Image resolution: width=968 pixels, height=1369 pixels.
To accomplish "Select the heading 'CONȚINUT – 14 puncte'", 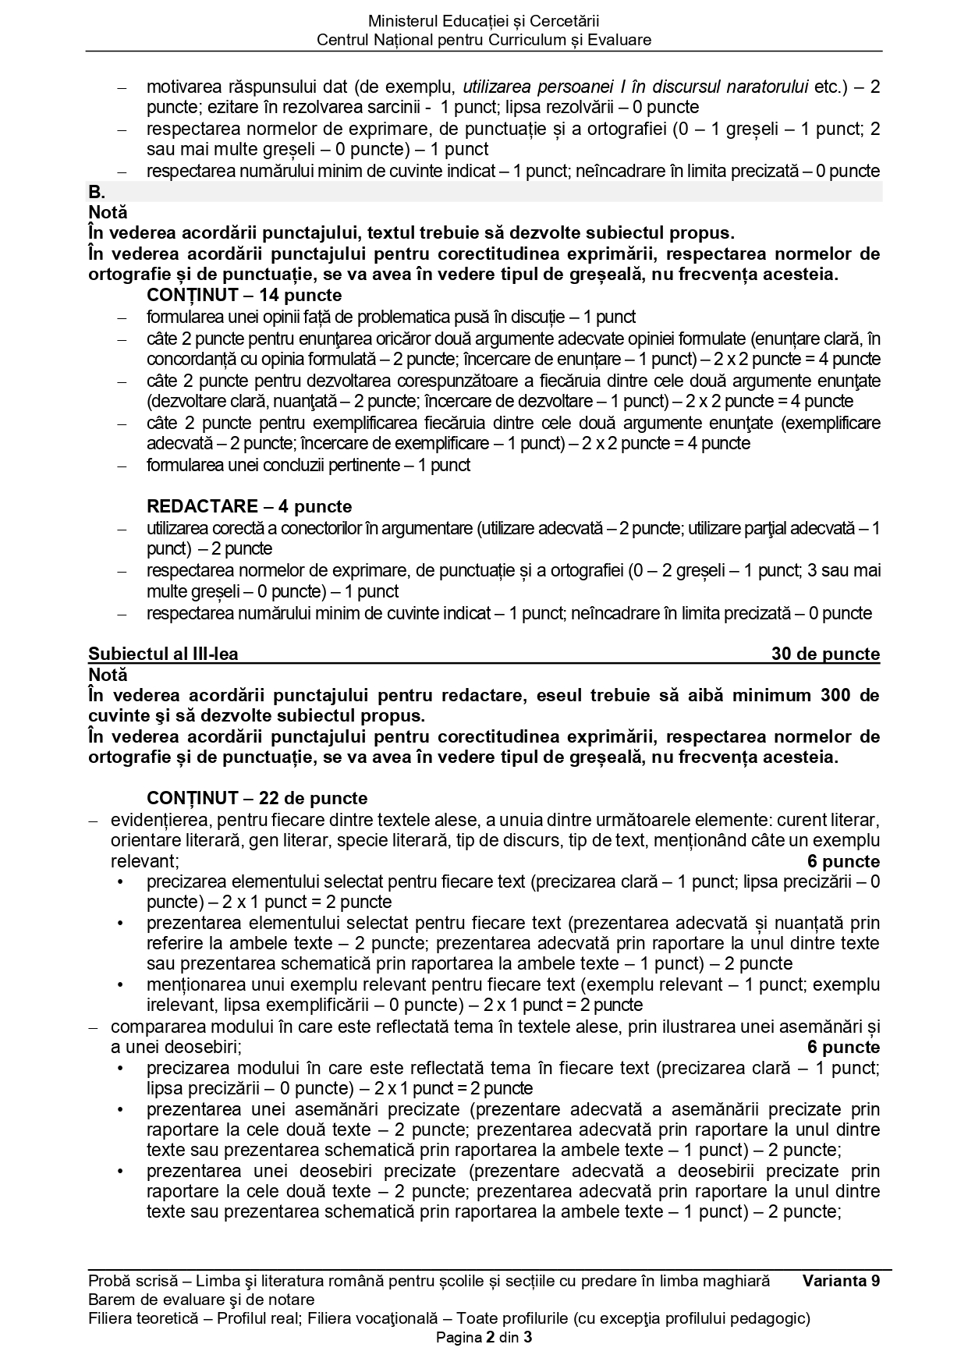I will [x=244, y=295].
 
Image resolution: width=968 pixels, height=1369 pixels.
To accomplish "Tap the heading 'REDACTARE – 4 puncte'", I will [x=249, y=506].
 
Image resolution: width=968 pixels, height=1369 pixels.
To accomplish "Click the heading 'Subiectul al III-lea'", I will [x=164, y=654].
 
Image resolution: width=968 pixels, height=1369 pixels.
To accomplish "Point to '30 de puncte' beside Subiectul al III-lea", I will [x=825, y=654].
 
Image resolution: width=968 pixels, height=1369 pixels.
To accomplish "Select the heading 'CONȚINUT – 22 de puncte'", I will [x=257, y=798].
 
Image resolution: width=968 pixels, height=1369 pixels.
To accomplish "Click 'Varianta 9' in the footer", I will [x=841, y=1281].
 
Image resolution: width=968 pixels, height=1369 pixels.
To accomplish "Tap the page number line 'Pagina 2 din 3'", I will [x=484, y=1338].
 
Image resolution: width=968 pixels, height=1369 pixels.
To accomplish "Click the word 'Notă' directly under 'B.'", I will [x=108, y=212].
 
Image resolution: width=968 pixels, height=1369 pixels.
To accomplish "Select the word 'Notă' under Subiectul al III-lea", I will [x=108, y=674].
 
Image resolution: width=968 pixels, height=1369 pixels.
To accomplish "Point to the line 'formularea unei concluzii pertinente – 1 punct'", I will [x=308, y=465].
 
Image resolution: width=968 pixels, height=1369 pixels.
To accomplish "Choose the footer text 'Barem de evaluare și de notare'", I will [x=201, y=1300].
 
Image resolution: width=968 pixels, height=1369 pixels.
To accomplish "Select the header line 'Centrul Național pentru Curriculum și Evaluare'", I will [x=484, y=40].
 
